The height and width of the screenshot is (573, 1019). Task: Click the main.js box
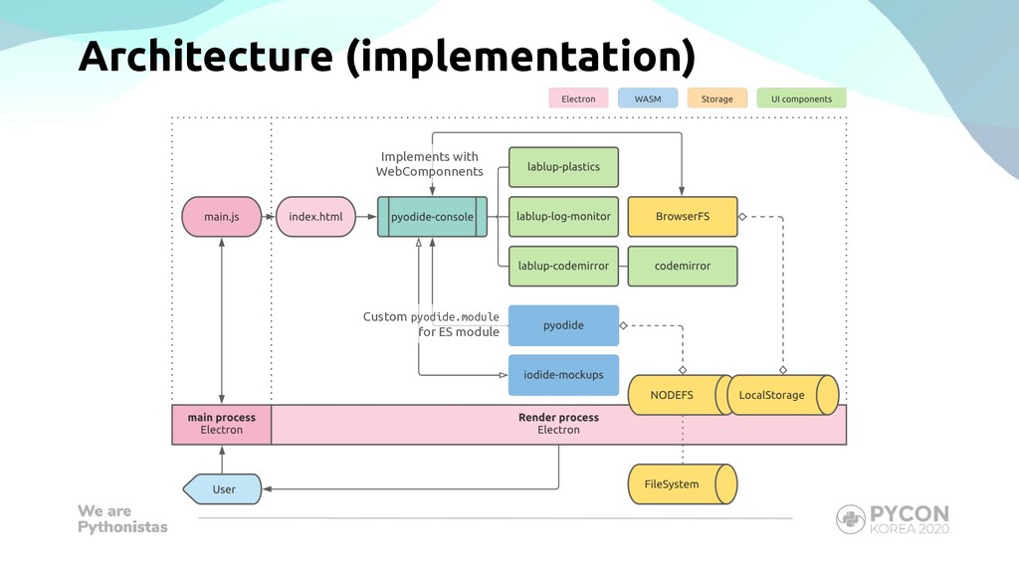tap(222, 216)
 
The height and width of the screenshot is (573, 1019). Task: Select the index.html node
tap(315, 216)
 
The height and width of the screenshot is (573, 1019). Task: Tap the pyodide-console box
tap(432, 216)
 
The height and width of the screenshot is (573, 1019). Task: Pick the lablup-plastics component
tap(563, 167)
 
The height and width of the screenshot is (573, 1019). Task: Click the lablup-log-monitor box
tap(563, 216)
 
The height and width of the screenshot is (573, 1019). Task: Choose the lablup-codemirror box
tap(563, 266)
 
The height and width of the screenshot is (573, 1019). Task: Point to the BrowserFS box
tap(683, 216)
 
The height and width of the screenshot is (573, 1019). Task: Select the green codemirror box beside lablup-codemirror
tap(683, 266)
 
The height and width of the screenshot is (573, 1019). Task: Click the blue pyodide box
tap(563, 325)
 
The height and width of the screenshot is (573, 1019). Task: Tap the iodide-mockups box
tap(563, 375)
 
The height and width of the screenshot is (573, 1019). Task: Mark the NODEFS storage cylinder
tap(680, 395)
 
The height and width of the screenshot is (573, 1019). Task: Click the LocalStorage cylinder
tap(782, 395)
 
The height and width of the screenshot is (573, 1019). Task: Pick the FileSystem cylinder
tap(683, 484)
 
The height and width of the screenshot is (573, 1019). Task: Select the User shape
tap(222, 489)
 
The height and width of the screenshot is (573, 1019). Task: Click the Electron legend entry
tap(578, 98)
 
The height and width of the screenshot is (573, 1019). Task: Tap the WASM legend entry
tap(648, 98)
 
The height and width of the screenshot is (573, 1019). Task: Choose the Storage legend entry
tap(717, 98)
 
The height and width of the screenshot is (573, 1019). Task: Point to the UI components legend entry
tap(801, 98)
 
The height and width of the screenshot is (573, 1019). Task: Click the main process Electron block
tap(222, 424)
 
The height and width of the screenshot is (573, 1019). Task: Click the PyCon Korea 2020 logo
tap(893, 519)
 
